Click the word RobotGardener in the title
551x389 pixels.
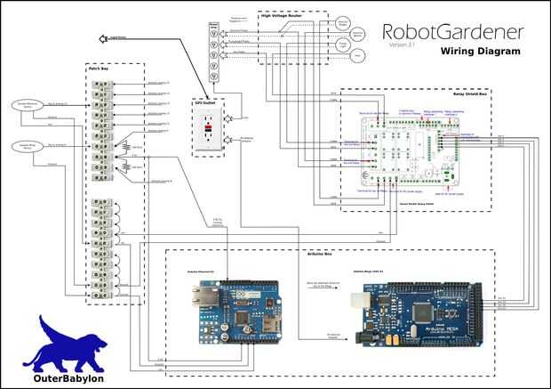[452, 32]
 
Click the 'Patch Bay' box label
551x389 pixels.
[98, 68]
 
